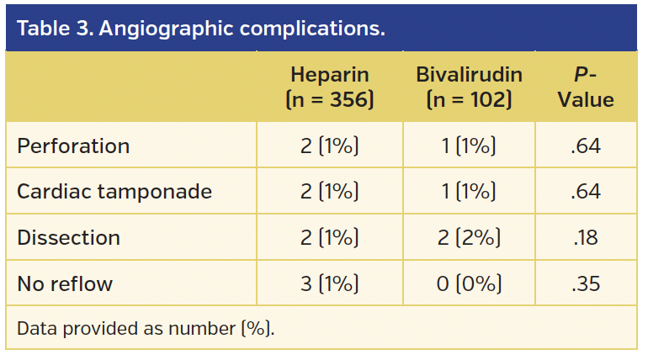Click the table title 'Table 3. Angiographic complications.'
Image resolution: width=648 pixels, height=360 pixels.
point(201,29)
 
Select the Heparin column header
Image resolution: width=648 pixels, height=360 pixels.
point(330,87)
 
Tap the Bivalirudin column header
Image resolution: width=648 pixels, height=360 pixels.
point(469,87)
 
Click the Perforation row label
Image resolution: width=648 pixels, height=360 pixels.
point(73,146)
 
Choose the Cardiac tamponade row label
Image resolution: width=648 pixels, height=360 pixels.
point(114,192)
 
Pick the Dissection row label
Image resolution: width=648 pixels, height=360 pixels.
point(68,238)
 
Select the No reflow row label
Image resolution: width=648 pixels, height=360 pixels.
point(65,283)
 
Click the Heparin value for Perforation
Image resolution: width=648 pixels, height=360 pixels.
point(330,146)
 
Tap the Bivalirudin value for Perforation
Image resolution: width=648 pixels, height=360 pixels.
point(469,146)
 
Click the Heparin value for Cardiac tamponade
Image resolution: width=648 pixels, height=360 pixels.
point(330,192)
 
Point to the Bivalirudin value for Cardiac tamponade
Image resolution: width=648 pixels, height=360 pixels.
point(469,192)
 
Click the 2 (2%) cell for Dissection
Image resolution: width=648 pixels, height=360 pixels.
point(469,238)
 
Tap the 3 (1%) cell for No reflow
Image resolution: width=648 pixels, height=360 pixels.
point(330,283)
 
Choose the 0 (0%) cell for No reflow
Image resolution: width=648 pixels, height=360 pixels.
point(469,283)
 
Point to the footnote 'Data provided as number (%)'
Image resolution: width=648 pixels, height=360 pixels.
point(146,328)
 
